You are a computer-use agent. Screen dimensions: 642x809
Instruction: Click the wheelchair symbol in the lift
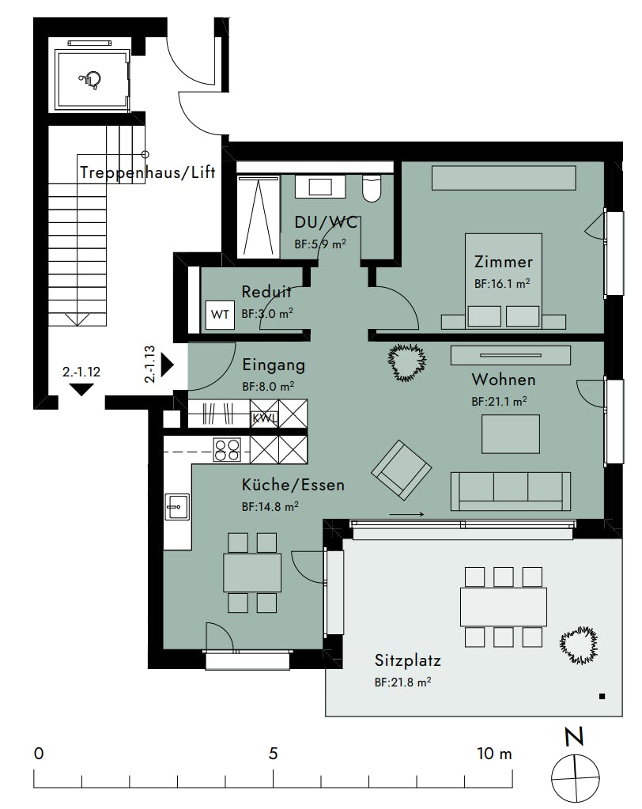coord(90,81)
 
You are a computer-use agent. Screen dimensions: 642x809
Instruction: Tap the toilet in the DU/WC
coord(372,188)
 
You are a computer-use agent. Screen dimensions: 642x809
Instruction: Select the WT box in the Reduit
coord(220,314)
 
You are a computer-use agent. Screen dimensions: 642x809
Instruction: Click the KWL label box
coord(264,418)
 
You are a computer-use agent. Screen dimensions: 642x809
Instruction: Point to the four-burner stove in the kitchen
coord(228,450)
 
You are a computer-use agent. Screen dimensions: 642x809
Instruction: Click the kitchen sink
coord(177,506)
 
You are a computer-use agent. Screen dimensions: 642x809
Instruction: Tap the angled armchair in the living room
coord(401,470)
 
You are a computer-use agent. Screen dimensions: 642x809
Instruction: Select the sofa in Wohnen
coord(511,491)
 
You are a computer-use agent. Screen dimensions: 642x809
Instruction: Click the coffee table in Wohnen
coord(511,434)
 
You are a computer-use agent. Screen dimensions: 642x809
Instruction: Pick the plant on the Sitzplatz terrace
coord(579,645)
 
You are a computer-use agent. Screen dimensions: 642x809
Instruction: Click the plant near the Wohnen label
coord(407,362)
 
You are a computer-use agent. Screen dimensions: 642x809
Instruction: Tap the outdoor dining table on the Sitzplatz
coord(504,607)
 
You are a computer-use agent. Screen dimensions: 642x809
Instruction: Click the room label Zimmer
coord(504,262)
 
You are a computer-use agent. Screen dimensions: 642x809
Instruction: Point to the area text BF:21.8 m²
coord(402,682)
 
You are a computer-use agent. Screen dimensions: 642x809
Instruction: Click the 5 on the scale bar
coord(273,754)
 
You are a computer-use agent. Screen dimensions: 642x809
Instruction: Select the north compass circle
coord(576,778)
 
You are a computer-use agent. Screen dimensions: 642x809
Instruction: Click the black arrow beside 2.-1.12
coord(81,390)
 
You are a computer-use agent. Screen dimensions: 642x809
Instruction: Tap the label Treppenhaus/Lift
coord(148,172)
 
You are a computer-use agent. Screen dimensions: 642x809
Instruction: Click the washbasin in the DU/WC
coord(320,187)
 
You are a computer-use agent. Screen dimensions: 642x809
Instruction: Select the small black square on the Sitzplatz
coord(602,697)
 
